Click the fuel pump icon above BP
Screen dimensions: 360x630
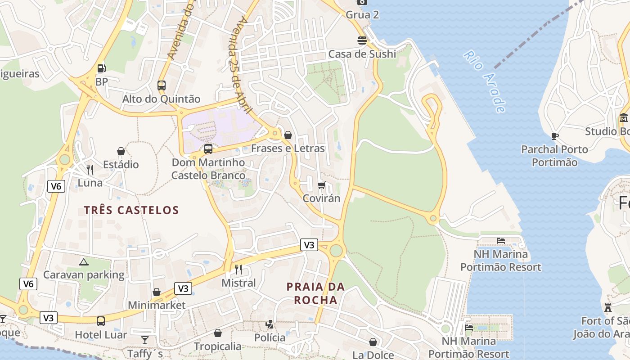pyautogui.click(x=102, y=68)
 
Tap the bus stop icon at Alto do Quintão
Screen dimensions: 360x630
pyautogui.click(x=161, y=85)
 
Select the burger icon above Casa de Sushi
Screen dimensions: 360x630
pyautogui.click(x=362, y=40)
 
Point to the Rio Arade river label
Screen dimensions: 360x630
pyautogui.click(x=485, y=81)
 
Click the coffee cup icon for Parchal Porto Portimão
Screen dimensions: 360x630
pyautogui.click(x=554, y=135)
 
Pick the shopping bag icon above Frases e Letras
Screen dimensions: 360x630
pyautogui.click(x=288, y=135)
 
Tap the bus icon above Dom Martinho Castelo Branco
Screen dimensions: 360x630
pyautogui.click(x=208, y=148)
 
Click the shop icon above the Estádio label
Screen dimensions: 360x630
pyautogui.click(x=121, y=151)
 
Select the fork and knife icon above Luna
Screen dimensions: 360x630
pyautogui.click(x=90, y=169)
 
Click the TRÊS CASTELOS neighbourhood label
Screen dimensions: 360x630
pyautogui.click(x=131, y=210)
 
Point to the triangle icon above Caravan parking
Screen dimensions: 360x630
pyautogui.click(x=83, y=261)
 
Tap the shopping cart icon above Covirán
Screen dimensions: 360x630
pyautogui.click(x=321, y=185)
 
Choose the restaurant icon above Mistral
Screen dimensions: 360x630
pyautogui.click(x=238, y=269)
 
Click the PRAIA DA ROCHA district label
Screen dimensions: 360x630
pyautogui.click(x=315, y=293)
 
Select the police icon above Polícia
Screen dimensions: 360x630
pyautogui.click(x=270, y=324)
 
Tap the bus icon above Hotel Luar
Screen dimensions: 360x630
pyautogui.click(x=101, y=321)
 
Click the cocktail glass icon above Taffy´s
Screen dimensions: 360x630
pyautogui.click(x=145, y=340)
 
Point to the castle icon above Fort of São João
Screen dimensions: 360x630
pyautogui.click(x=608, y=308)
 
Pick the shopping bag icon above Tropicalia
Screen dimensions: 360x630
pyautogui.click(x=218, y=333)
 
